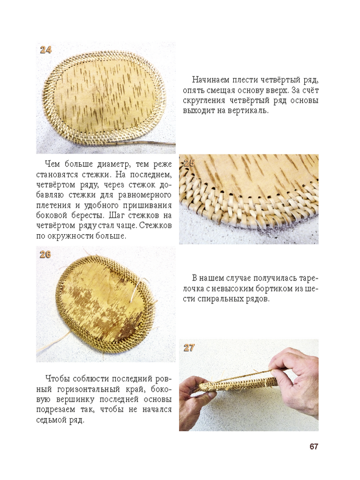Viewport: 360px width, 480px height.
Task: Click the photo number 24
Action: pos(46,49)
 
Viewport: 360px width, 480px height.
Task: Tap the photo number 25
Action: pos(189,163)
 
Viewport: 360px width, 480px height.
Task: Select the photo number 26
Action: pos(45,254)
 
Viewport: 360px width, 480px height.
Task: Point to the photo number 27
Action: pos(189,348)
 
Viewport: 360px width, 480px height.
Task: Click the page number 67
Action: pos(314,446)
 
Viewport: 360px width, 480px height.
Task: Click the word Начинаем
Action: pos(210,80)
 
